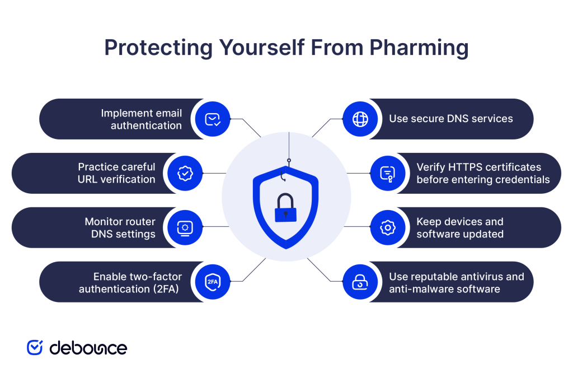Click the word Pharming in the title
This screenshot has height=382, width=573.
pyautogui.click(x=419, y=48)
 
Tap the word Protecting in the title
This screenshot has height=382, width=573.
pyautogui.click(x=158, y=48)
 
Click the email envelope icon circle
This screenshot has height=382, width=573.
pyautogui.click(x=212, y=119)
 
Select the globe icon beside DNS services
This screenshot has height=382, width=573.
pyautogui.click(x=360, y=119)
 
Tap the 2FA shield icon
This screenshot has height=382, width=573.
pyautogui.click(x=212, y=282)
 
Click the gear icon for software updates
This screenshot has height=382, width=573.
pyautogui.click(x=388, y=227)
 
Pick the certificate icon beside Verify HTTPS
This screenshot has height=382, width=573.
pyautogui.click(x=388, y=173)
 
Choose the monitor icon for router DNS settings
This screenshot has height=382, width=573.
pyautogui.click(x=185, y=227)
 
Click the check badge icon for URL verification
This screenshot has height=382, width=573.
pyautogui.click(x=185, y=173)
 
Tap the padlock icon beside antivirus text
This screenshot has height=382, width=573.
pyautogui.click(x=360, y=282)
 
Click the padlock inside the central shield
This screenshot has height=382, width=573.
pyautogui.click(x=285, y=208)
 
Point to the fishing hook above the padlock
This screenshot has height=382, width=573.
pyautogui.click(x=283, y=176)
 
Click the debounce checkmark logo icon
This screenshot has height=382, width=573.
pyautogui.click(x=35, y=347)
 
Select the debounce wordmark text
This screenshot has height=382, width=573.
pyautogui.click(x=88, y=348)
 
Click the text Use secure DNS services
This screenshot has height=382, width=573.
pyautogui.click(x=451, y=119)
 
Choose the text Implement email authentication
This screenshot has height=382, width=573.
pyautogui.click(x=142, y=119)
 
